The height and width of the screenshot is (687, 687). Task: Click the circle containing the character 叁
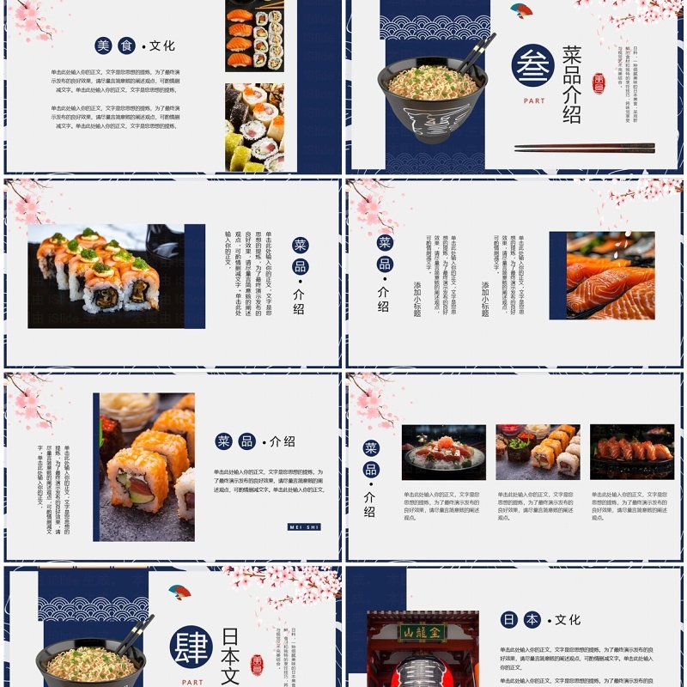pos(532,65)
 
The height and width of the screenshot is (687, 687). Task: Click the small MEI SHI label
pos(304,526)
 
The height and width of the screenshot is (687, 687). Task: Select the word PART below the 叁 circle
pos(534,100)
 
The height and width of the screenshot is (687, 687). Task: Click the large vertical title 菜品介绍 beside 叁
pos(572,84)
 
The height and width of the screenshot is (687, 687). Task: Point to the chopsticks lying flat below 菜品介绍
pos(584,148)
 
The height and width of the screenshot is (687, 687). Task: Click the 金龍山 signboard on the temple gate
pos(423,633)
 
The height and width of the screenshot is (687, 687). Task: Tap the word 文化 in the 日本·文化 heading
pos(568,619)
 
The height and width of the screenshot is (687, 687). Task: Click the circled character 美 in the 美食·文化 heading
pos(104,46)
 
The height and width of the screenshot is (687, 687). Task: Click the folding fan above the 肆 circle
pos(179,592)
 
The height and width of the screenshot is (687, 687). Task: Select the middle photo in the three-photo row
pos(538,452)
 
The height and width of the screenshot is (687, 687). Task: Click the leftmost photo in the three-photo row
pos(443,452)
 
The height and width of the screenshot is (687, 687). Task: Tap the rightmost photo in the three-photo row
pos(632,452)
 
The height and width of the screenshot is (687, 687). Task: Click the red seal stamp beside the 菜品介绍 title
pos(599,82)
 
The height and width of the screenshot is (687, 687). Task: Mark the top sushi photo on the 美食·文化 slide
pos(254,35)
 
